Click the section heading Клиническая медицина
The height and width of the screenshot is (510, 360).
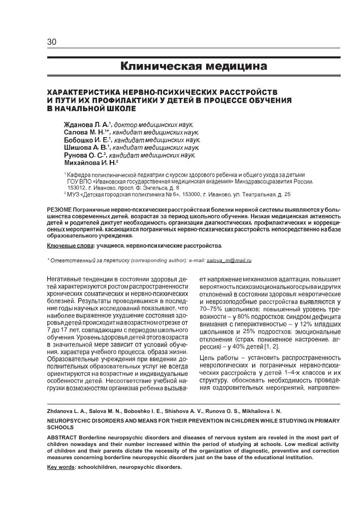tap(193, 66)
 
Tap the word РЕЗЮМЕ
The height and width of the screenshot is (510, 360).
tap(59, 210)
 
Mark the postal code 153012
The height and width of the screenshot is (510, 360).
tap(78, 187)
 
